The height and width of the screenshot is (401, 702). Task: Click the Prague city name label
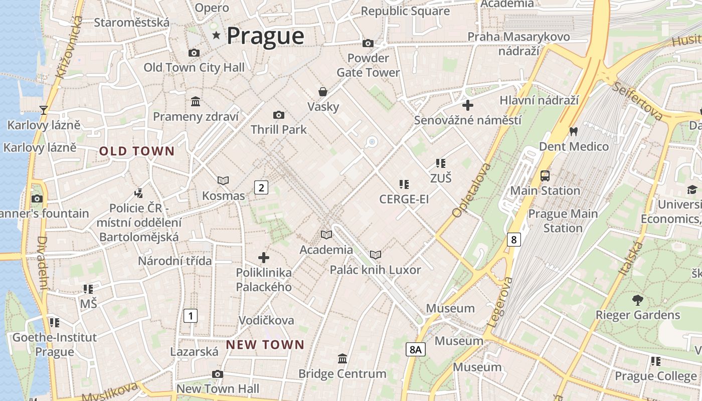(265, 36)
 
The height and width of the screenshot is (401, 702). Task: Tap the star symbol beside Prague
(217, 35)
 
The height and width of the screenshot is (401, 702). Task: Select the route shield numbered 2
(261, 188)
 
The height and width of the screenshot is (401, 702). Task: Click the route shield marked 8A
(415, 349)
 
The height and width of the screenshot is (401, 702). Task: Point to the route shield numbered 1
(190, 316)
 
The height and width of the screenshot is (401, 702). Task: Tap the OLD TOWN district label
(137, 151)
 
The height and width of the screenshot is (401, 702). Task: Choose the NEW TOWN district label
(265, 345)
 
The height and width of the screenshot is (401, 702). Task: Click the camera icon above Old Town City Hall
(194, 53)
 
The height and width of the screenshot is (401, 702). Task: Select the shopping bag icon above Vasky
(323, 92)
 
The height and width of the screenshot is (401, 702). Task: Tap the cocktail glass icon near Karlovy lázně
(44, 110)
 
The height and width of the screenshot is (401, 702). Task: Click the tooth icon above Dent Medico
(574, 132)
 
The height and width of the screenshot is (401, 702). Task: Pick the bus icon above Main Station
(545, 176)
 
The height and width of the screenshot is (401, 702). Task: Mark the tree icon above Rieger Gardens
(637, 300)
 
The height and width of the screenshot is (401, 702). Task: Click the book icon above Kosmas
(223, 180)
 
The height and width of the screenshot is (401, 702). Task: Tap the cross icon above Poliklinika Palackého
(264, 258)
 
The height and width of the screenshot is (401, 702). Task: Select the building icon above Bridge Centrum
(342, 358)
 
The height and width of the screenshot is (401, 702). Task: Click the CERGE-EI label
(404, 199)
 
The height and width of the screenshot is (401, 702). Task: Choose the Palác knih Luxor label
(375, 270)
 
